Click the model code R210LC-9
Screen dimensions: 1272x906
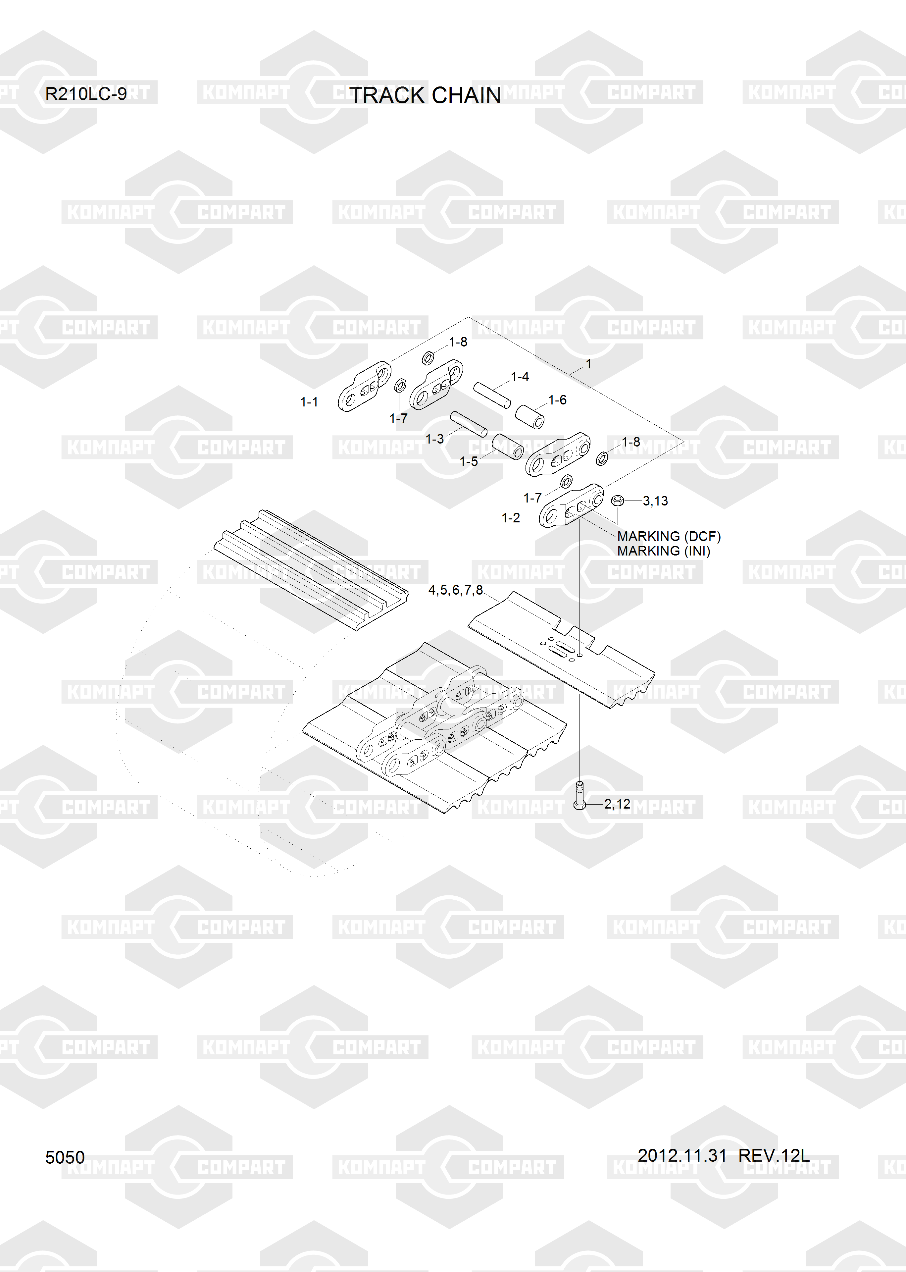86,94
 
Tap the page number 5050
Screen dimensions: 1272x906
65,1158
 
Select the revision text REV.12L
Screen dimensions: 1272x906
774,1155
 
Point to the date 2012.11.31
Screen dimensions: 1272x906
682,1155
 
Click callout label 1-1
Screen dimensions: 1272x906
309,402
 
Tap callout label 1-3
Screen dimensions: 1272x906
434,439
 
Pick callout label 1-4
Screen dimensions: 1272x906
520,377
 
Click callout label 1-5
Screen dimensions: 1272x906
469,461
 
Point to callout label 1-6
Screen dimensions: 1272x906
557,400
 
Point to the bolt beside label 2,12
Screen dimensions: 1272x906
579,795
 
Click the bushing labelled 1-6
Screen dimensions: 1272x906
529,417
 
